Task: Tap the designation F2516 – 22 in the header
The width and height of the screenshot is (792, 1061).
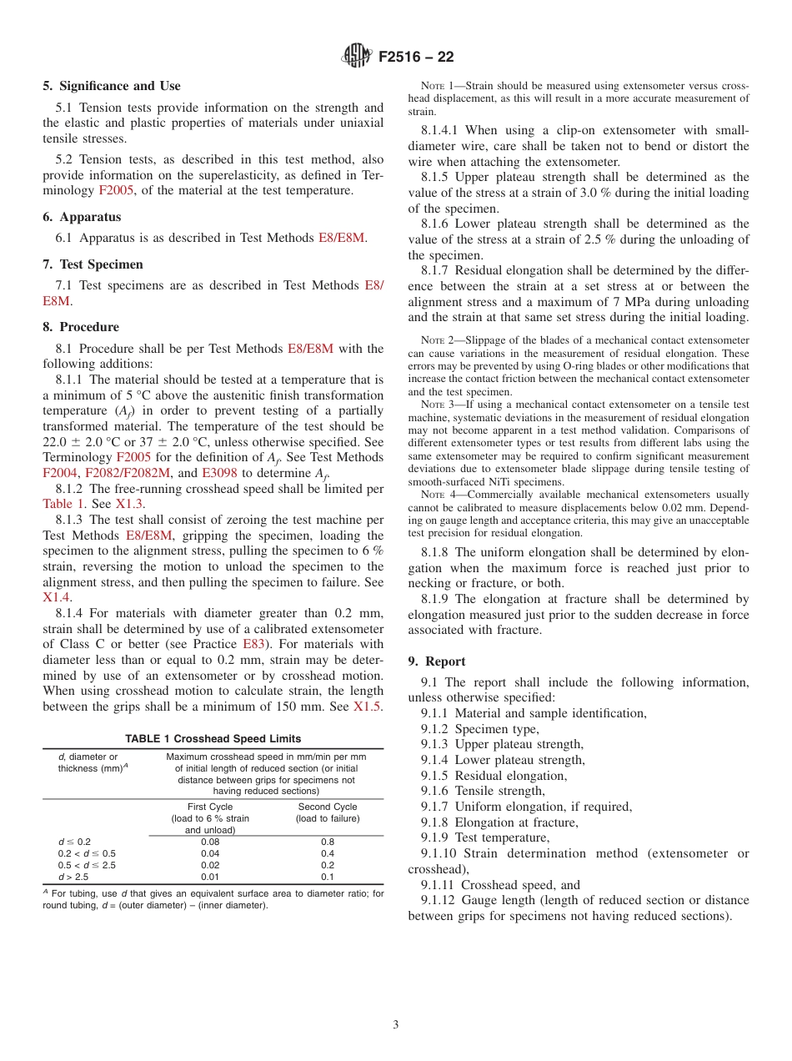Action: click(416, 58)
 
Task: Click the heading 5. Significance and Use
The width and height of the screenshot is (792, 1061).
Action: click(112, 86)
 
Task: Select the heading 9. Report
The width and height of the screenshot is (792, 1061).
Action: click(437, 661)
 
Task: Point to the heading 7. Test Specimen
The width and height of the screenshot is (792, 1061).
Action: click(93, 264)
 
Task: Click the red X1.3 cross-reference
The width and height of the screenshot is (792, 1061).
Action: click(129, 504)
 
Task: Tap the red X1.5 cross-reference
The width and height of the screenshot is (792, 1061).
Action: click(367, 706)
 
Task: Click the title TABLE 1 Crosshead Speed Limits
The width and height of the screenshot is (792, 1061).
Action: click(213, 739)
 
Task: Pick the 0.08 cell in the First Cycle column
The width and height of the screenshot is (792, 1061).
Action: click(210, 842)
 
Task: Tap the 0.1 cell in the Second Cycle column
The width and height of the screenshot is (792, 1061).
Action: click(328, 877)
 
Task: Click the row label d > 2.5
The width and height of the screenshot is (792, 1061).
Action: click(73, 877)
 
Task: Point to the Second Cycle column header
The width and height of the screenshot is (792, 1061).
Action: click(328, 807)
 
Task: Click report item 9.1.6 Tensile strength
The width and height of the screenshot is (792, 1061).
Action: click(483, 791)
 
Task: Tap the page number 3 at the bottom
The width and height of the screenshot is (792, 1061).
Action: click(396, 1024)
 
